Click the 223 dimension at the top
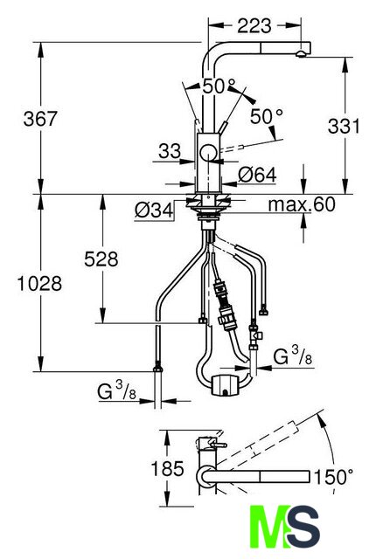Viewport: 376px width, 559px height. [254, 25]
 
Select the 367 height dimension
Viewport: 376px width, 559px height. [40, 119]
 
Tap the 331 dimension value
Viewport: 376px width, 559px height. [345, 126]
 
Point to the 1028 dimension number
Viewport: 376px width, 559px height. [39, 283]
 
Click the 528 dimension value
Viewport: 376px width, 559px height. [101, 259]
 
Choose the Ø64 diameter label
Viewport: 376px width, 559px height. [257, 175]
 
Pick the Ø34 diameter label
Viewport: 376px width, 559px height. [154, 210]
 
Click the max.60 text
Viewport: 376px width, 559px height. [302, 204]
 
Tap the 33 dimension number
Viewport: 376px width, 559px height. [170, 151]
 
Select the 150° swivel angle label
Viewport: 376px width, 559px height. [333, 477]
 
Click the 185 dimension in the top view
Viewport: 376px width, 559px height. [167, 468]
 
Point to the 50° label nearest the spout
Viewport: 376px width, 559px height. [219, 86]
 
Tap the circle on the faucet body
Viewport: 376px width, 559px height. [208, 154]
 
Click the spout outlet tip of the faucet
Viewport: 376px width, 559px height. [301, 54]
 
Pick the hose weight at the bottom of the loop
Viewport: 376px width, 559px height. [225, 385]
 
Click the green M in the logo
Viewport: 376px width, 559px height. [270, 527]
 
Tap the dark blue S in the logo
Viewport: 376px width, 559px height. [304, 527]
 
